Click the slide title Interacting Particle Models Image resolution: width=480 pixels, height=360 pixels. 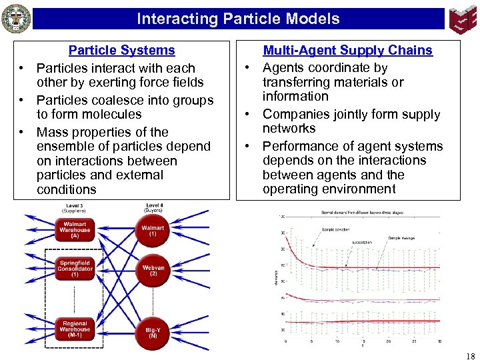pos(238,19)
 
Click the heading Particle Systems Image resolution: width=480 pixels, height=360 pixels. pos(121,50)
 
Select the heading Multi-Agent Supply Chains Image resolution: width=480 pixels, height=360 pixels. pos(347,50)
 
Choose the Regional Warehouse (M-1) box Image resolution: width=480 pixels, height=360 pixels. pos(75,327)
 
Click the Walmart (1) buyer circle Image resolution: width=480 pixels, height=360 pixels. pos(153,231)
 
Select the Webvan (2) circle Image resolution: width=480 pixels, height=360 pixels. pos(153,270)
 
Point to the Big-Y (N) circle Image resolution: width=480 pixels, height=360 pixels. pos(153,332)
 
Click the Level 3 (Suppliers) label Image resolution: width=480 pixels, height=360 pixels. pos(75,207)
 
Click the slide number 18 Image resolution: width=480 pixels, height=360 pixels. pos(471,356)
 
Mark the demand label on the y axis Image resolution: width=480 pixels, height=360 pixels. pos(276,277)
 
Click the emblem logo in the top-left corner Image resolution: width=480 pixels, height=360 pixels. pos(16,18)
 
